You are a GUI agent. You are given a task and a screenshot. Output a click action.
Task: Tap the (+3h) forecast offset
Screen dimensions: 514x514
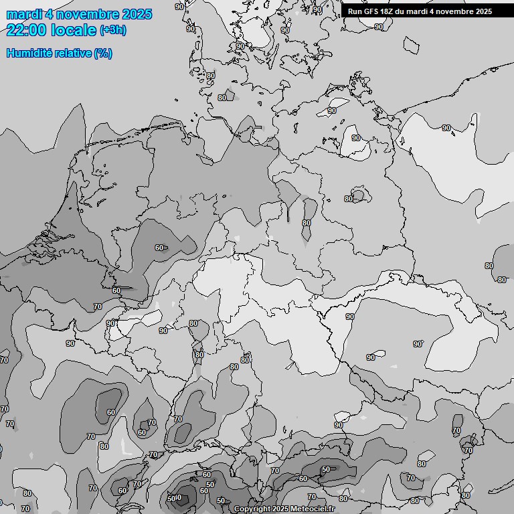(x=112, y=31)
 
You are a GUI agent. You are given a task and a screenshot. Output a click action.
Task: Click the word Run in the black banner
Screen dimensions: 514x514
(x=355, y=11)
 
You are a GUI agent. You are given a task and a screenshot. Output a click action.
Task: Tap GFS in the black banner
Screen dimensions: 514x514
(x=371, y=11)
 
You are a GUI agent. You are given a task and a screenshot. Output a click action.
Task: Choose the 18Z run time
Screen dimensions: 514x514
(x=388, y=11)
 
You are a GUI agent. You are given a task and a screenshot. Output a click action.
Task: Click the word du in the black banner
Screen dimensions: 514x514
(x=402, y=11)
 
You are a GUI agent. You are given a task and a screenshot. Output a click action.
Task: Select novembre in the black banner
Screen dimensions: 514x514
(x=455, y=11)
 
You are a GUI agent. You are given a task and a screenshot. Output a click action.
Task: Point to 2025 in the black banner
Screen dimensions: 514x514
(x=483, y=11)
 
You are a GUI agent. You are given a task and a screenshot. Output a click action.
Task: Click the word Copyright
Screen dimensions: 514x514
(x=252, y=509)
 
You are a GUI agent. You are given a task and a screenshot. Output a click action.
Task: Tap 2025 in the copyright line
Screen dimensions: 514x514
(x=280, y=509)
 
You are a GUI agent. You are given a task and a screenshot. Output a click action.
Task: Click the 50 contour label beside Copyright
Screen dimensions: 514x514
(x=221, y=501)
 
